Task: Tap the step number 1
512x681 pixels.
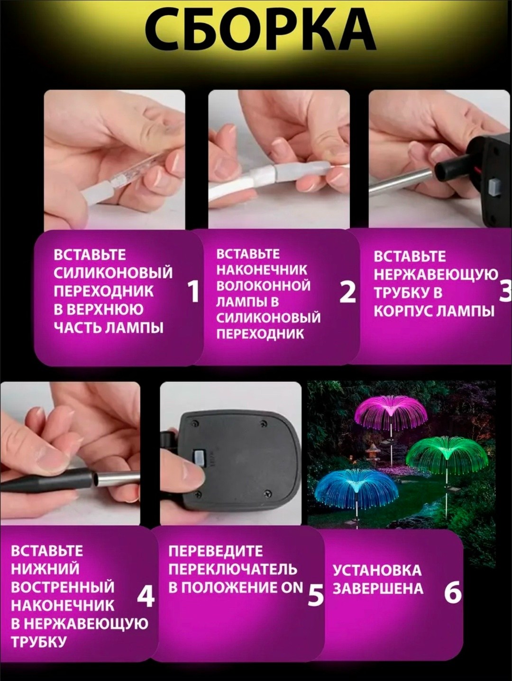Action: (x=194, y=292)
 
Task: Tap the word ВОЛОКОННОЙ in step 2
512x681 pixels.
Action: (x=263, y=285)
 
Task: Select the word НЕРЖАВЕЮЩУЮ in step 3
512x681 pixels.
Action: (x=436, y=274)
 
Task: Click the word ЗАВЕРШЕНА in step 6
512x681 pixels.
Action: (x=377, y=588)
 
